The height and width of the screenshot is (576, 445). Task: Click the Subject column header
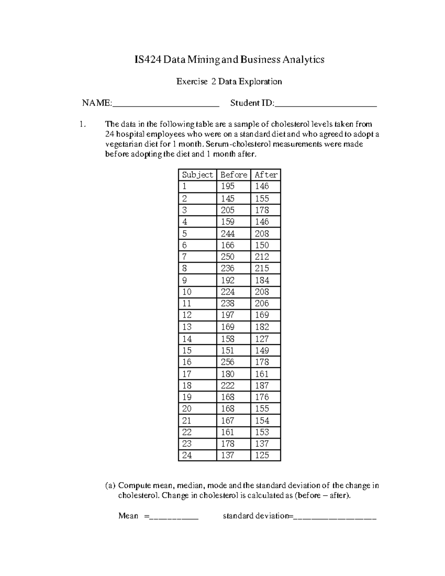tap(197, 175)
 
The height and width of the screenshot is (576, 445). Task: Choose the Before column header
tap(234, 175)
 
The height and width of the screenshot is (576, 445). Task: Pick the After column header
tap(266, 175)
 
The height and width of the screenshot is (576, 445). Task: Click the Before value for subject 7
tap(228, 257)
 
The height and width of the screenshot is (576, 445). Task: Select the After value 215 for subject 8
tap(262, 268)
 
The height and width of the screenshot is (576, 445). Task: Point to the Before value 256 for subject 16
tap(228, 362)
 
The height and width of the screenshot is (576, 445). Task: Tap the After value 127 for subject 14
tap(262, 339)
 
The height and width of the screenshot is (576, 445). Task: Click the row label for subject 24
tap(187, 455)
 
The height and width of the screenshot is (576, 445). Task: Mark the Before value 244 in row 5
tap(228, 233)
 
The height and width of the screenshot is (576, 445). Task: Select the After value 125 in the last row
tap(262, 455)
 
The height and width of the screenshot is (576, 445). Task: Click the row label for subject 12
tap(187, 315)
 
